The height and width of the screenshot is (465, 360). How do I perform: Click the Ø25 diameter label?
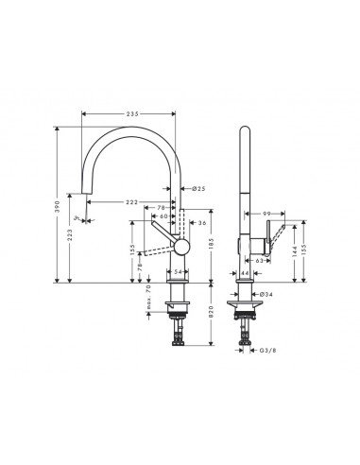[198, 190]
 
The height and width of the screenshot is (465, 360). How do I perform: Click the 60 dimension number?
[164, 216]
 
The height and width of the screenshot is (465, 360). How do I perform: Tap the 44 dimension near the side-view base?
[245, 272]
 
